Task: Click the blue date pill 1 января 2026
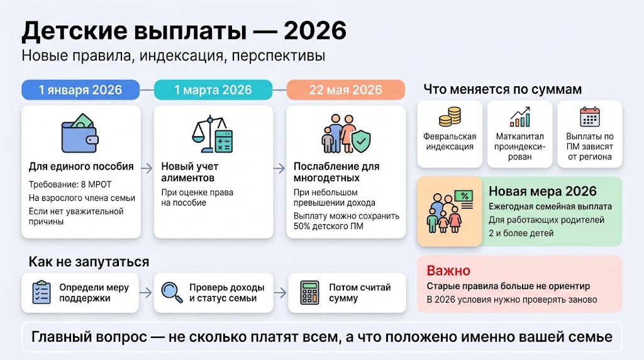click(80, 89)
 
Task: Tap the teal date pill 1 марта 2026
click(213, 89)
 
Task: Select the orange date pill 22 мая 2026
click(345, 89)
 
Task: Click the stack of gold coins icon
click(450, 118)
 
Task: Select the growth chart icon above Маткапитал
click(519, 117)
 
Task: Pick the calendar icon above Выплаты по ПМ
click(589, 117)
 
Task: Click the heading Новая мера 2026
click(542, 191)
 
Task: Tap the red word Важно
click(448, 271)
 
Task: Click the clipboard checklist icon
click(42, 293)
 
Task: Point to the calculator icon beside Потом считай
click(309, 293)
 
